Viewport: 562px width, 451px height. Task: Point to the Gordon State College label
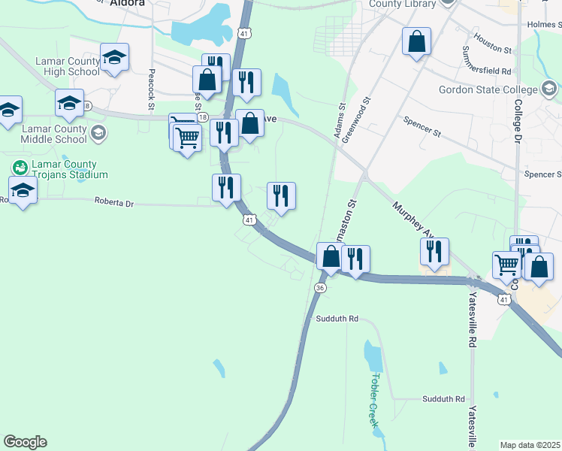pyautogui.click(x=489, y=90)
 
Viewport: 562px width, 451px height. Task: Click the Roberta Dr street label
pyautogui.click(x=113, y=202)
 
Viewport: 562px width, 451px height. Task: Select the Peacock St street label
pyautogui.click(x=151, y=89)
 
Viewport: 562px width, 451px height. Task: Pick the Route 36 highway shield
pyautogui.click(x=321, y=289)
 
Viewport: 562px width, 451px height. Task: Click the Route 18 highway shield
pyautogui.click(x=88, y=106)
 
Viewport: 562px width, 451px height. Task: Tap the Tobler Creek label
pyautogui.click(x=374, y=400)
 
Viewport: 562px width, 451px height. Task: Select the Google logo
pyautogui.click(x=25, y=442)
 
